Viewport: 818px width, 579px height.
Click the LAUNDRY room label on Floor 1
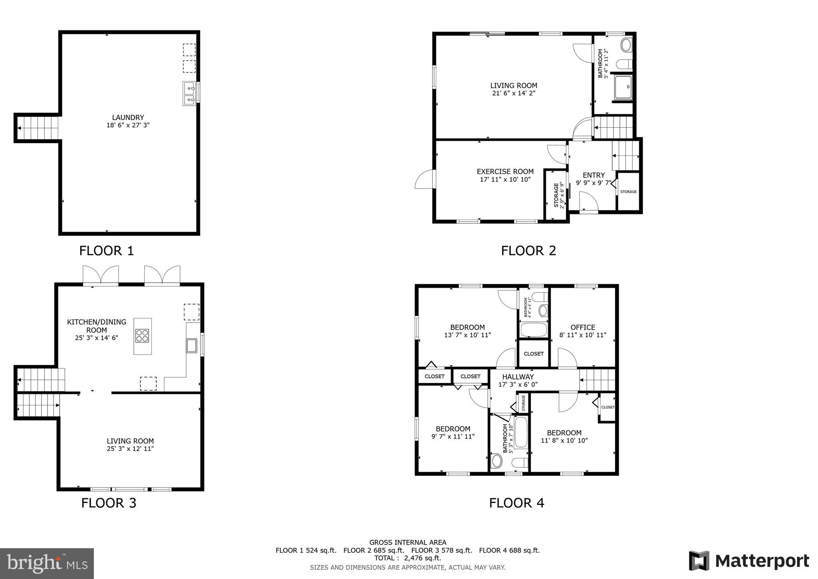[128, 117]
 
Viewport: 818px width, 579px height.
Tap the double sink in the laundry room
[189, 94]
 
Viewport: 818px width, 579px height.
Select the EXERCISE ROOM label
[505, 172]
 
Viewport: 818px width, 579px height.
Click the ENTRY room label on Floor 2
[594, 175]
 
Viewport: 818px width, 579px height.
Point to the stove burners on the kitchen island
[142, 335]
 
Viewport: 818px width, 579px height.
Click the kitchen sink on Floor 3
[192, 345]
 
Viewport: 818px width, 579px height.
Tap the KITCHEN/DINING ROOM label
[96, 326]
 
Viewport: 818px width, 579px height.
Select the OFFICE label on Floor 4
[583, 327]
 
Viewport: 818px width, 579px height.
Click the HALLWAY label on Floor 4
[518, 377]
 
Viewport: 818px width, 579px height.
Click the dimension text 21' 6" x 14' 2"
[514, 93]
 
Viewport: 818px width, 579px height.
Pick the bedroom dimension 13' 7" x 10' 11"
[467, 335]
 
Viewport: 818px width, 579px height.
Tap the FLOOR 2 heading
[528, 251]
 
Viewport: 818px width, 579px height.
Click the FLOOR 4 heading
[516, 503]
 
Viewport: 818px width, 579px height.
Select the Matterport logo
[749, 561]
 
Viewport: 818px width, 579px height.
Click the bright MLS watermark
[47, 563]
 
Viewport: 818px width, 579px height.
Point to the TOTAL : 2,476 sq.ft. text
[407, 558]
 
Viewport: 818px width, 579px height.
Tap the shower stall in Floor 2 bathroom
[623, 87]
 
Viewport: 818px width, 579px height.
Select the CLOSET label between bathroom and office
[533, 353]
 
